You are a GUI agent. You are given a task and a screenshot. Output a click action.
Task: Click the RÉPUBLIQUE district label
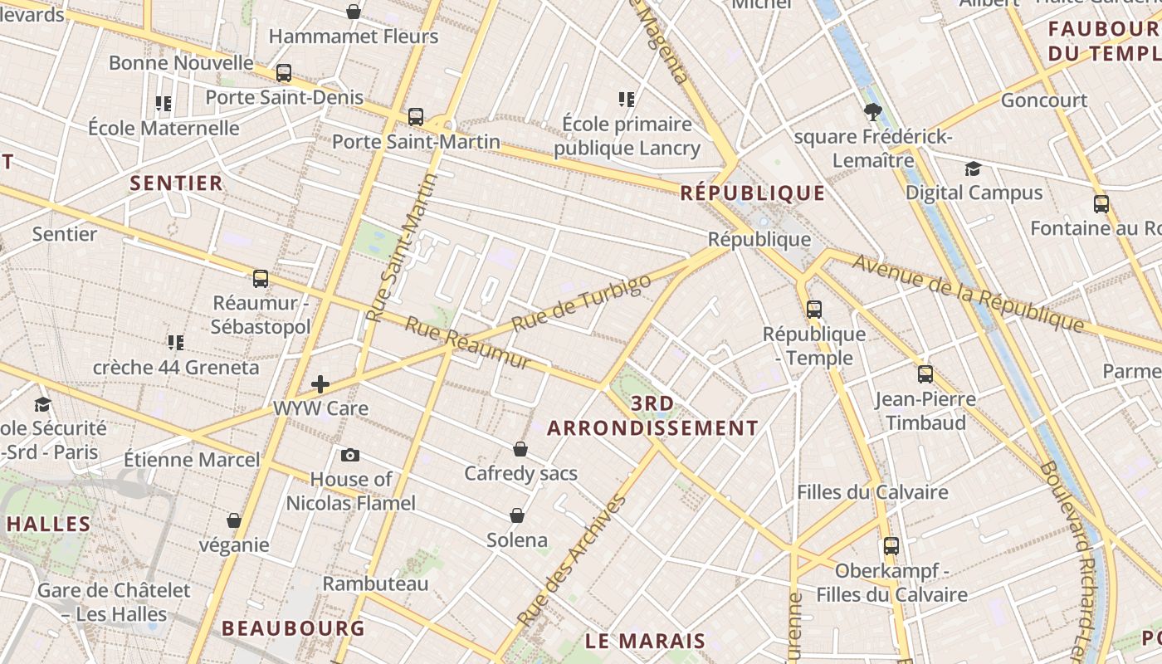tap(753, 193)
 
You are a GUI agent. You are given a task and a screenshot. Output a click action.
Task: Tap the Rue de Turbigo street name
tap(581, 303)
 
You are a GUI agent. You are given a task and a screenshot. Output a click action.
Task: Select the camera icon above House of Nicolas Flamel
tap(350, 455)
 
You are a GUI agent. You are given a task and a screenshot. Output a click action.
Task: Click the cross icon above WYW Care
tap(320, 383)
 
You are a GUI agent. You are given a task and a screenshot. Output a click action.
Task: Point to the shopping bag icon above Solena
tap(517, 515)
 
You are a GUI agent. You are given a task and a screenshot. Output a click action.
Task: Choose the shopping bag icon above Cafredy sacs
tap(520, 449)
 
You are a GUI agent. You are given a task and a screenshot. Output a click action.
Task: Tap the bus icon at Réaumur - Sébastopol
tap(261, 278)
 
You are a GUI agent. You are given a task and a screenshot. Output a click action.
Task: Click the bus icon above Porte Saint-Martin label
tap(416, 117)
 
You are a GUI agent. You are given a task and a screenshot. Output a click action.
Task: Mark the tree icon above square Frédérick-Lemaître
tap(872, 111)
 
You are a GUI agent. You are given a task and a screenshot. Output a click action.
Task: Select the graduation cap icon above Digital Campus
tap(973, 169)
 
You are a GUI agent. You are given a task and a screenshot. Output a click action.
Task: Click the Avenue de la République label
tap(969, 293)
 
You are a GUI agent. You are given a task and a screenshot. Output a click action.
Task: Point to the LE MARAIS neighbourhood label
tap(645, 641)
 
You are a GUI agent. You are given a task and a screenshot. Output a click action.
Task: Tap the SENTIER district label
tap(177, 183)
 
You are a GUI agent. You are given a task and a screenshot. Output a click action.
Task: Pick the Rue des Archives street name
tap(571, 562)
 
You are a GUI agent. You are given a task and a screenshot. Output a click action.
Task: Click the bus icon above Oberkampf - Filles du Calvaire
tap(891, 546)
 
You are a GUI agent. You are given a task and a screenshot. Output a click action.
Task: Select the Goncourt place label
tap(1044, 100)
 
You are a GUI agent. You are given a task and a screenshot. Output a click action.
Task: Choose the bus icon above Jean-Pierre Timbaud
tap(925, 373)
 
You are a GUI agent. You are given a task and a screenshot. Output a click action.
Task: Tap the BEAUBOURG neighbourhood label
tap(293, 628)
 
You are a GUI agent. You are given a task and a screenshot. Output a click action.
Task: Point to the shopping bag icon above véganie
tap(234, 520)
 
